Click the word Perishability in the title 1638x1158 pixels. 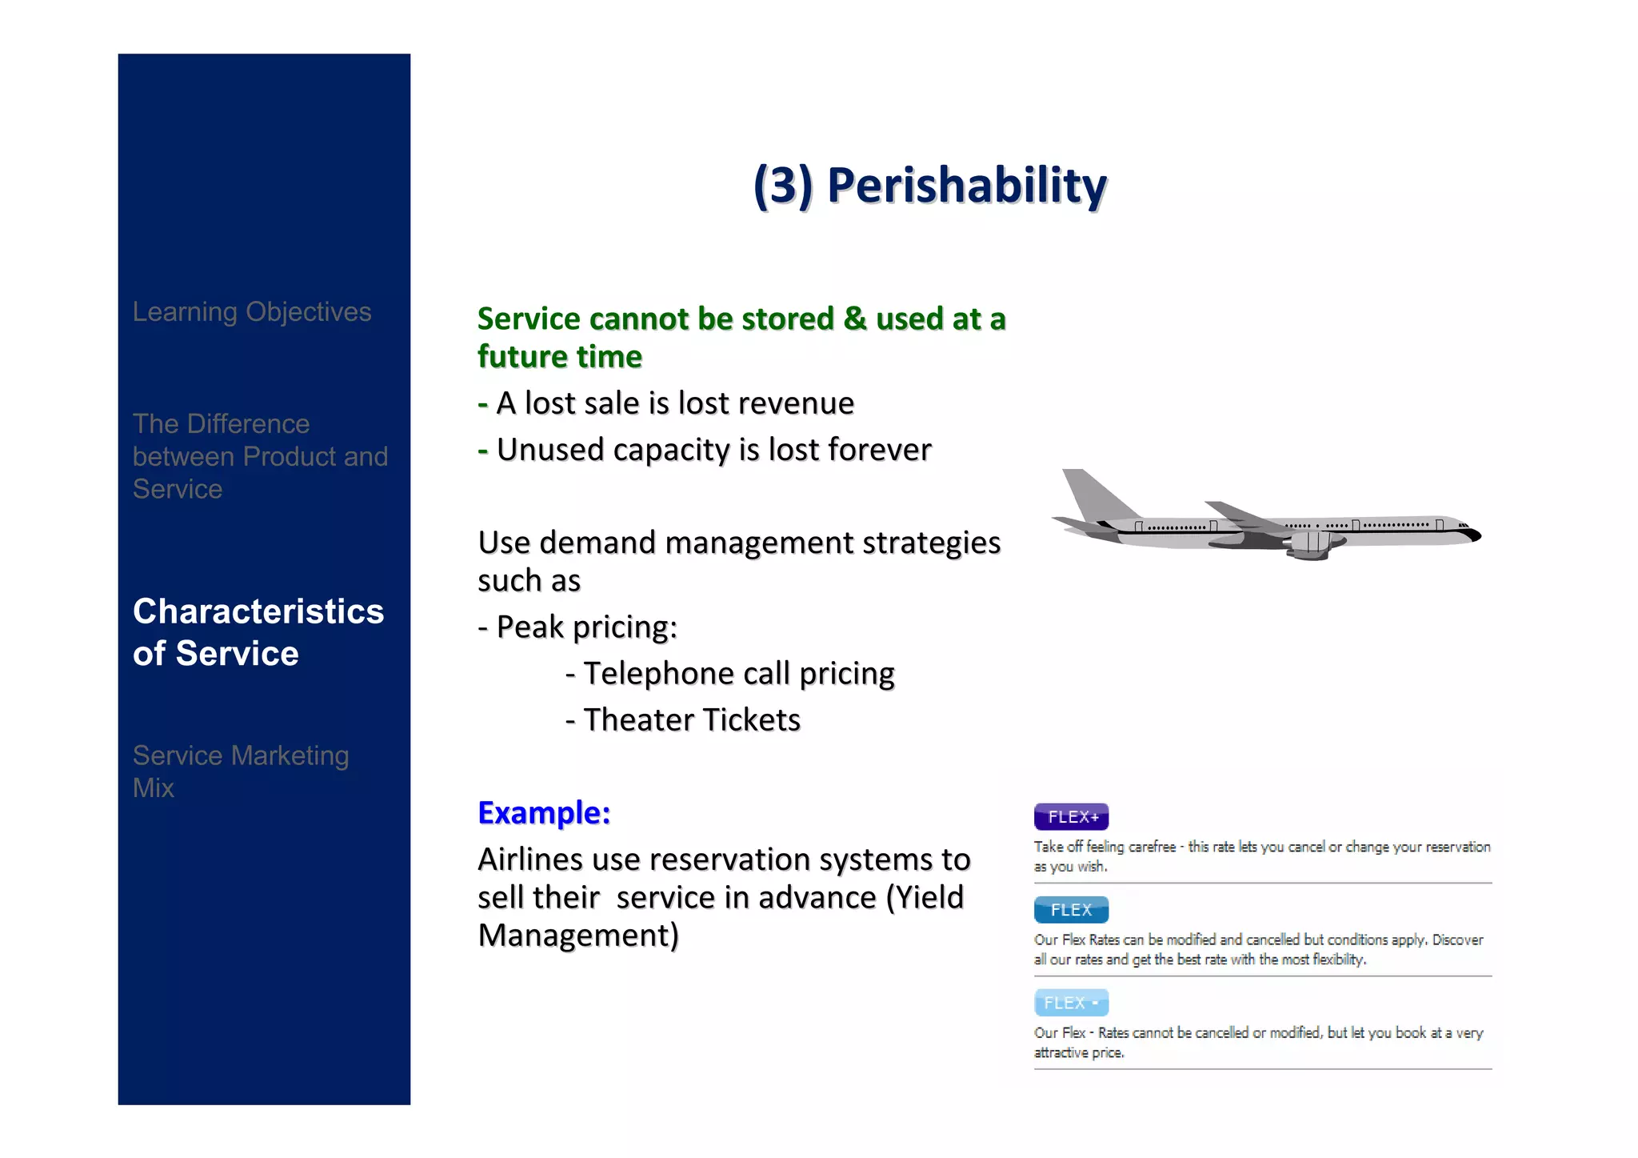[966, 186]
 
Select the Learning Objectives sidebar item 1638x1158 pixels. [251, 311]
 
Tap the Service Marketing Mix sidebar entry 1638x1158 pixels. [240, 771]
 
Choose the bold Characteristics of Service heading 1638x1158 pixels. [258, 632]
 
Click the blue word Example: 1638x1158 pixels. [544, 812]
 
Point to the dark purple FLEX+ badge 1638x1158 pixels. [1071, 817]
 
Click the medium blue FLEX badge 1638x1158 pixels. [1071, 910]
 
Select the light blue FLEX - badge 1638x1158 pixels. [1071, 1003]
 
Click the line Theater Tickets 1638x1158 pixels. [691, 720]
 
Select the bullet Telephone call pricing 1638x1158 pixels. [738, 674]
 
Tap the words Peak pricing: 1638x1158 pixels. [586, 627]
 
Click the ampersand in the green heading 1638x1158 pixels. [855, 319]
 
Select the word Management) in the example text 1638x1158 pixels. [577, 936]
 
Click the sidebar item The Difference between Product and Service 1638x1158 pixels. [259, 456]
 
